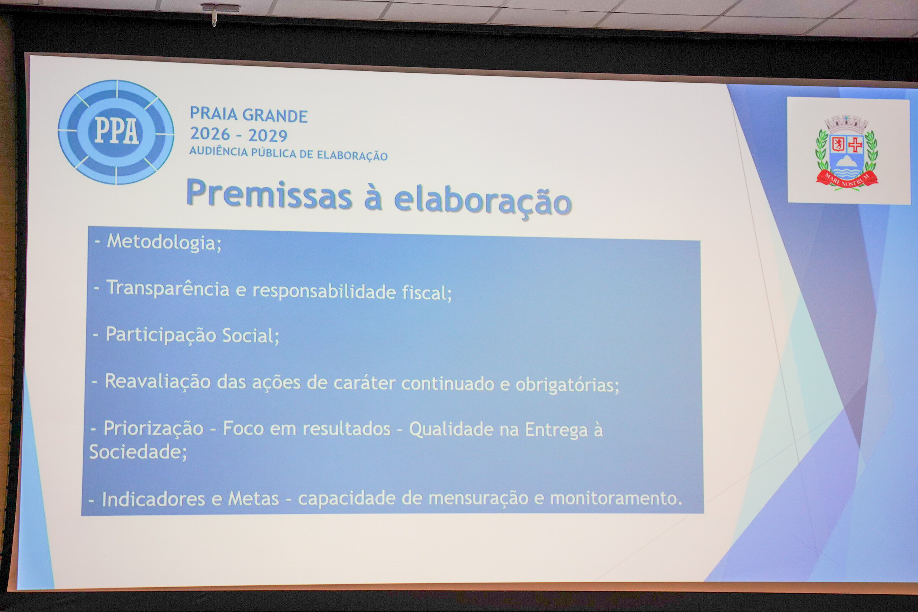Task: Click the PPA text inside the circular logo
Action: pyautogui.click(x=117, y=130)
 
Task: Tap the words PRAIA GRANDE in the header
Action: pyautogui.click(x=248, y=115)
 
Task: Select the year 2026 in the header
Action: pyautogui.click(x=210, y=134)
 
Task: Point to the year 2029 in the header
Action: pyautogui.click(x=268, y=136)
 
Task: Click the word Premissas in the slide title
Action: pyautogui.click(x=269, y=193)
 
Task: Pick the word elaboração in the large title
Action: pyautogui.click(x=483, y=200)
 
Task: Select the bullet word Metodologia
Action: pyautogui.click(x=164, y=242)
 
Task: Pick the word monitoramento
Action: pyautogui.click(x=616, y=498)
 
